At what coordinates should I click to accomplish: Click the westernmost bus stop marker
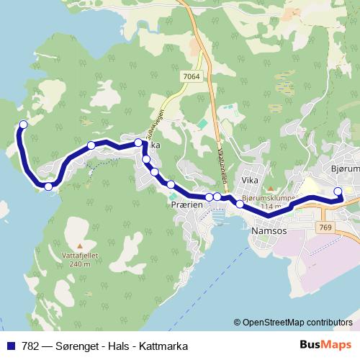point(23,125)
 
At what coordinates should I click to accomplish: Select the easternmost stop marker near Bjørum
point(338,191)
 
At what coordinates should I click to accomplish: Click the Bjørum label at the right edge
point(344,168)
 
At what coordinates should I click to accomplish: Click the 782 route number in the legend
point(30,346)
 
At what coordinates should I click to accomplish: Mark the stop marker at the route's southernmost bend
point(48,187)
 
